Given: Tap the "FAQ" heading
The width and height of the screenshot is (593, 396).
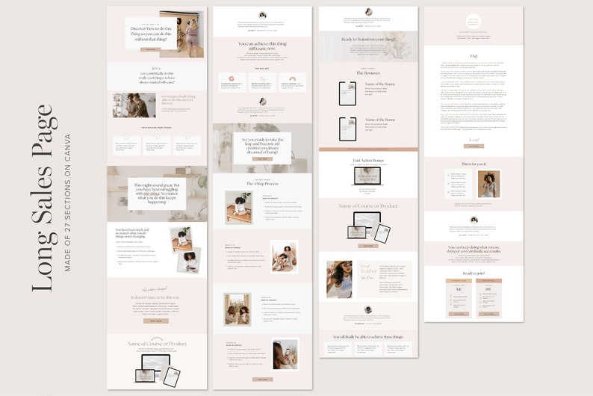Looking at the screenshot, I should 473,55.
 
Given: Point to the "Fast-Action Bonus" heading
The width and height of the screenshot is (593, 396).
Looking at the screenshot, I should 367,160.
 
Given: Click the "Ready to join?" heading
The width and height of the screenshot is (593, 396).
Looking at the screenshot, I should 473,273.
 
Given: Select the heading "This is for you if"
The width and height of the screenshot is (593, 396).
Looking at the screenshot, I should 473,164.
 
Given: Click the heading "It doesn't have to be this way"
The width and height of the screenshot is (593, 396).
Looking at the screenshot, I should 156,296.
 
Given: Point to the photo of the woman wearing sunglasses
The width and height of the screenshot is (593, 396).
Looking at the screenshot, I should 339,279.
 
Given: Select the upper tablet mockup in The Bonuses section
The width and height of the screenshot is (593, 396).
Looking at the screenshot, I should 347,93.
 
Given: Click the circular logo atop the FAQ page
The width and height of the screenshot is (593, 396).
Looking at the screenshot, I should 473,23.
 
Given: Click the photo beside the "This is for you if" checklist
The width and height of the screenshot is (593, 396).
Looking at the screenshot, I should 488,184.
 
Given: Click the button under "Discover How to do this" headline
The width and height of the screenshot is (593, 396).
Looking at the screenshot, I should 150,50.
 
